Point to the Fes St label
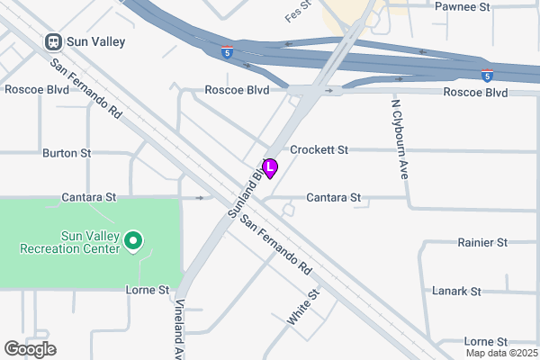(x=297, y=11)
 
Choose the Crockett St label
(x=319, y=150)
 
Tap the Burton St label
(x=67, y=154)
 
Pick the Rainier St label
(x=482, y=243)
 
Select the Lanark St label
(x=482, y=292)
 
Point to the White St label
(x=303, y=307)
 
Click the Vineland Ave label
(x=179, y=328)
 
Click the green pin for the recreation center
(x=133, y=240)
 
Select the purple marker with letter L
(x=270, y=166)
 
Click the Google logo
(x=30, y=349)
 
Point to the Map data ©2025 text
(x=501, y=353)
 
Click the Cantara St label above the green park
(x=89, y=196)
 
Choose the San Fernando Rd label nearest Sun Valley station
(x=85, y=89)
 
